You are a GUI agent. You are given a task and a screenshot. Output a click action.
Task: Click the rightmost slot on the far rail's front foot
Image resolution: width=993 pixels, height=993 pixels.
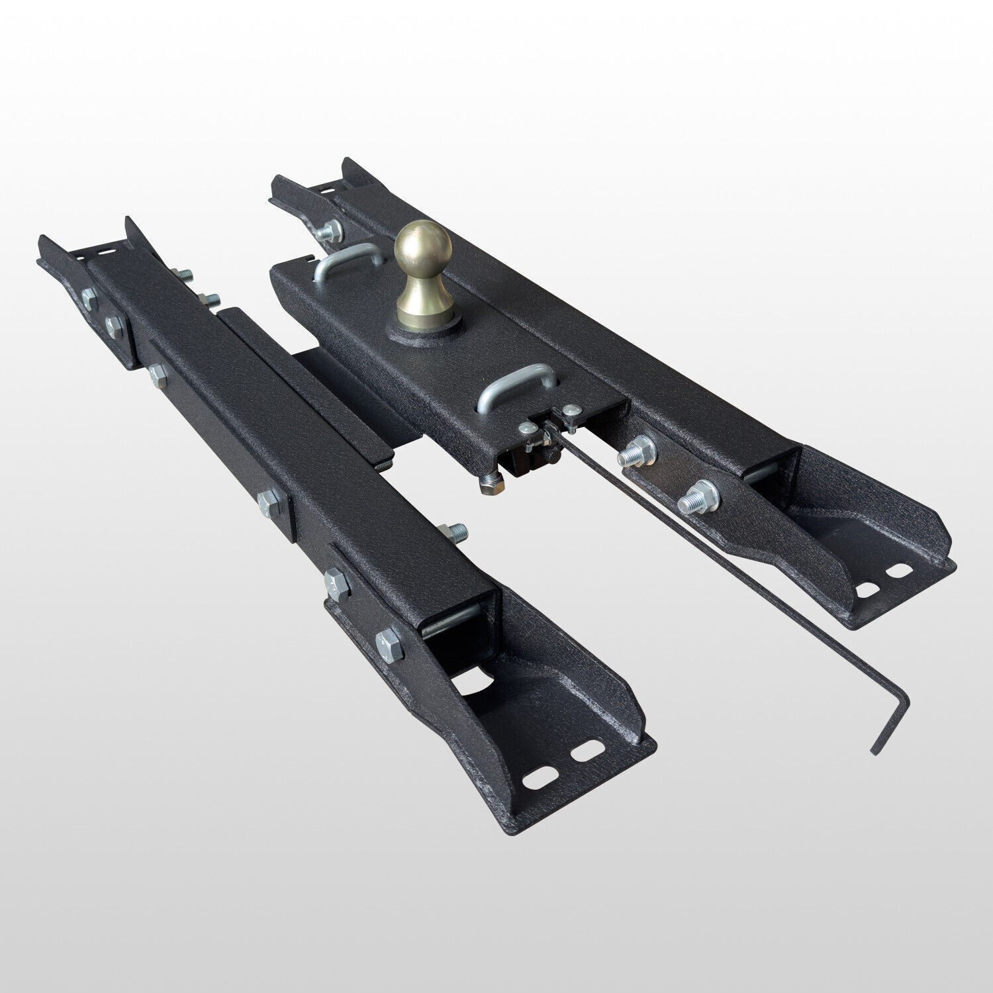(898, 569)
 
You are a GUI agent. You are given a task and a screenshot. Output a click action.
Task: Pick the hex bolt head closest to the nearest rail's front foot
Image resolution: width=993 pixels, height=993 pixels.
(389, 643)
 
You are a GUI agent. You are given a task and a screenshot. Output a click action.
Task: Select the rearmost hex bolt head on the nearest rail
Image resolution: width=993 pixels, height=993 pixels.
(89, 300)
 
